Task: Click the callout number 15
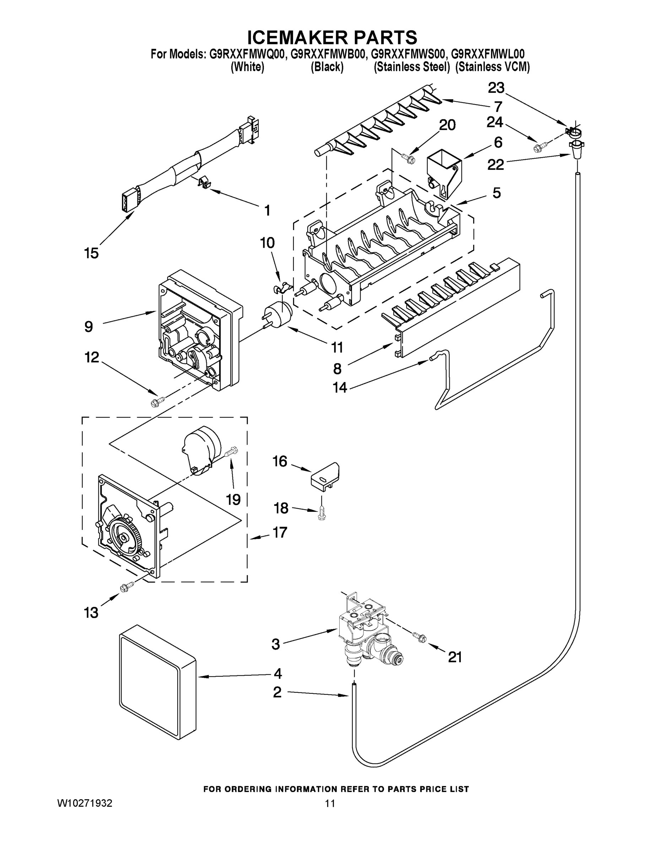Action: pyautogui.click(x=91, y=253)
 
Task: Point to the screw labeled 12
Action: pyautogui.click(x=158, y=400)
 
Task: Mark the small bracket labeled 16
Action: pyautogui.click(x=325, y=474)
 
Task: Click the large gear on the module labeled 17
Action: pyautogui.click(x=124, y=539)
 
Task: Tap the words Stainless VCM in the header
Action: pyautogui.click(x=492, y=67)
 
